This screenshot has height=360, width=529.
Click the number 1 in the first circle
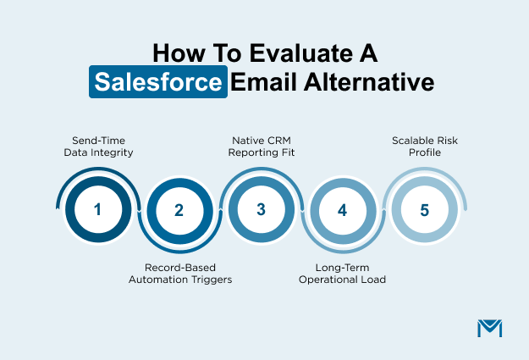[97, 209]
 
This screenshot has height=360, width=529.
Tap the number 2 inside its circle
[179, 210]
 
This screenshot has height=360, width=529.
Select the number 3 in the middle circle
[261, 209]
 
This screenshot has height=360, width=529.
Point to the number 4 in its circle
[342, 210]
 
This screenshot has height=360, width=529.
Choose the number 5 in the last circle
[423, 209]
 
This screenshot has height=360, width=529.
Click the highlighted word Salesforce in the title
[159, 83]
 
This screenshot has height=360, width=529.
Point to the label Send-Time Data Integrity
[97, 146]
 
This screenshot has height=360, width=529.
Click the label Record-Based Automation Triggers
[179, 271]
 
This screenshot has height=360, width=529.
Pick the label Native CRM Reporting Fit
[261, 146]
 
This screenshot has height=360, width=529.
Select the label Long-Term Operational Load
[343, 271]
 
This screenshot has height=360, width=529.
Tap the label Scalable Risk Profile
[424, 146]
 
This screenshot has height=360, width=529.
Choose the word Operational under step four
[329, 278]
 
